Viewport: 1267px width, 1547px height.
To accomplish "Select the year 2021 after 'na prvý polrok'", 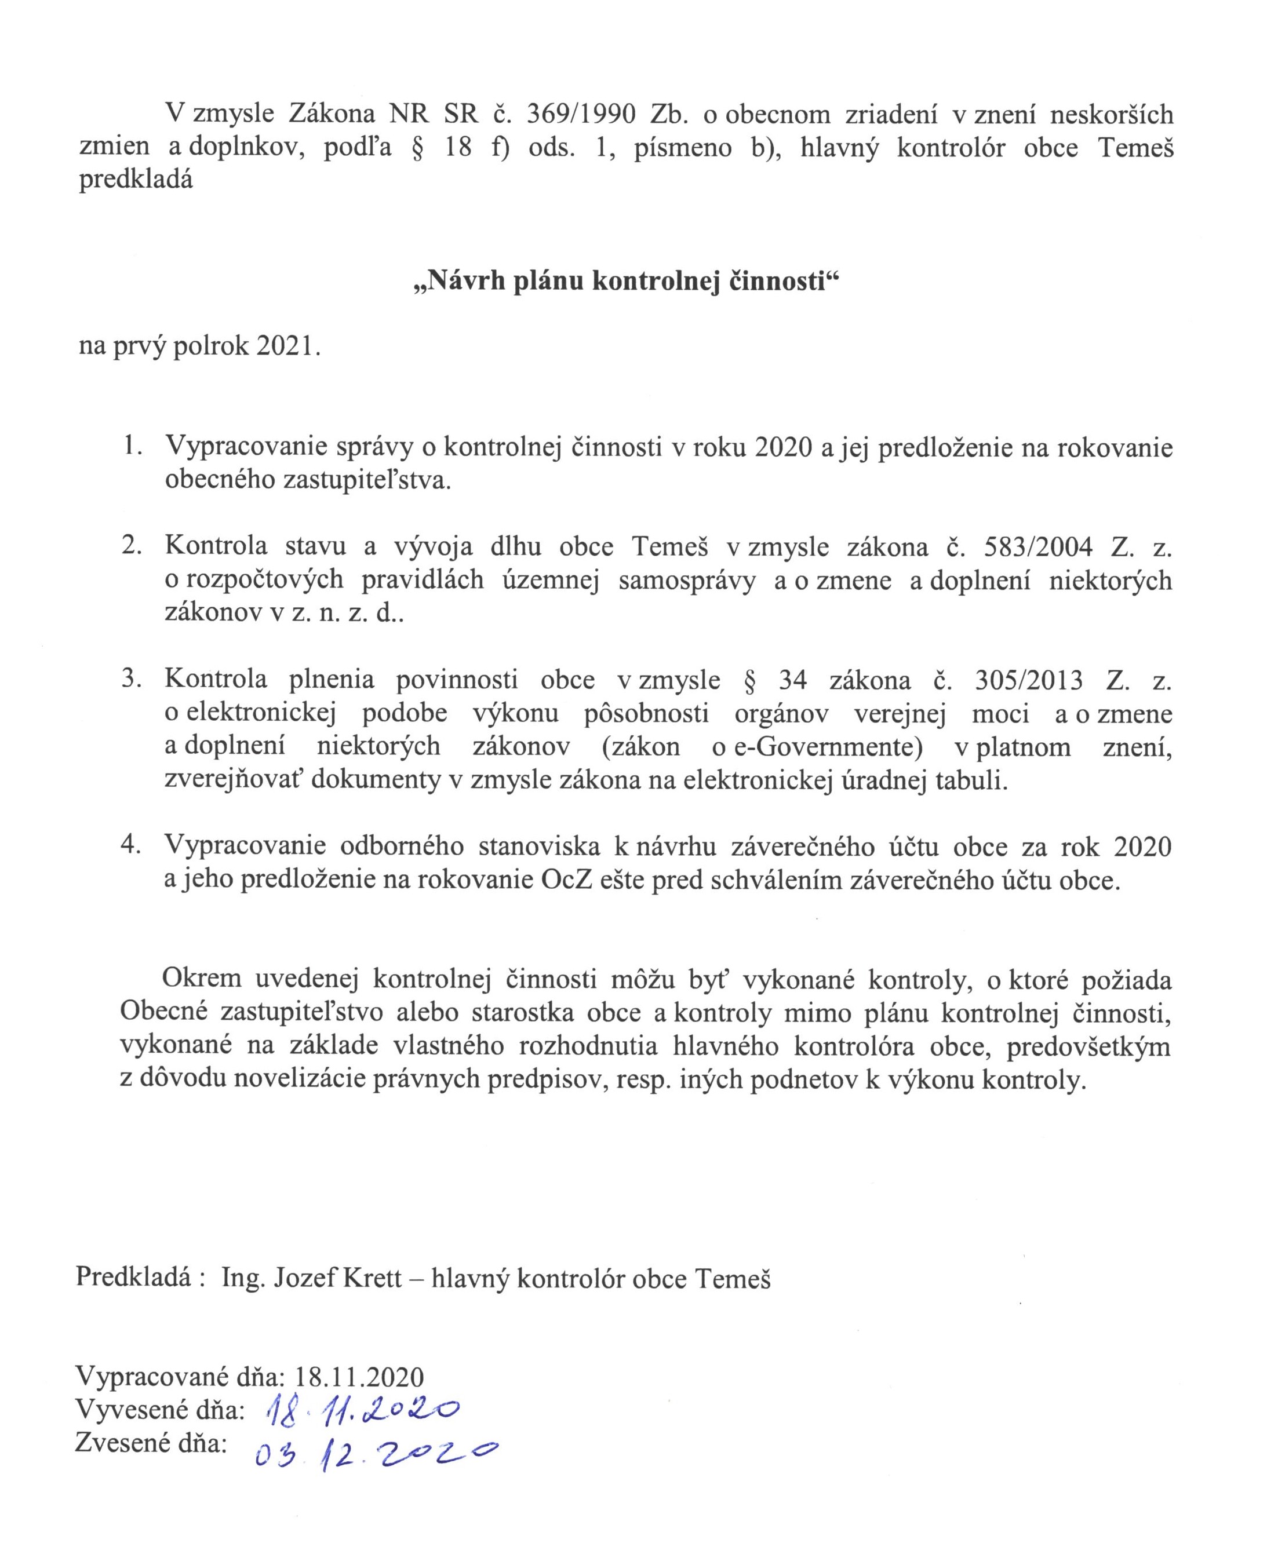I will coord(287,346).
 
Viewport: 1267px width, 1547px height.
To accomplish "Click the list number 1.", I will coord(132,447).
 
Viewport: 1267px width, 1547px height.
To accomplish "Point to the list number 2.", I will coord(132,546).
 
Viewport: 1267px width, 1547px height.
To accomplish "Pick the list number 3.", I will coord(132,680).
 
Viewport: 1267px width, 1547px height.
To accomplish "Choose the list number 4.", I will coord(132,846).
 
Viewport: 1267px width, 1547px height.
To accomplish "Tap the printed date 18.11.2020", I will coord(359,1377).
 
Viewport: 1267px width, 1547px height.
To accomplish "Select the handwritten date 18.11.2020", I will coord(361,1412).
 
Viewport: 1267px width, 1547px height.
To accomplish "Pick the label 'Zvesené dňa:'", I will coord(151,1443).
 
